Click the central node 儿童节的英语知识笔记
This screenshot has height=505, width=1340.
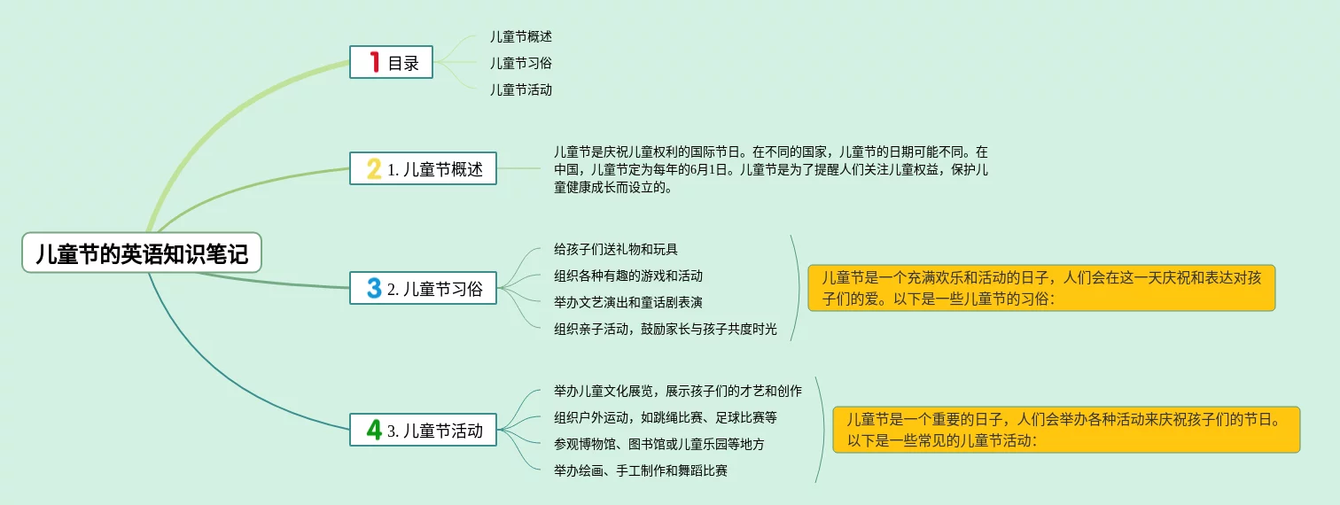click(142, 252)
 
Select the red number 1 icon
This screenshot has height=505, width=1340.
click(375, 62)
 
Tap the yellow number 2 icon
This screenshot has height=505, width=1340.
click(374, 168)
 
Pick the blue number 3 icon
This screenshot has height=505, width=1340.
click(375, 288)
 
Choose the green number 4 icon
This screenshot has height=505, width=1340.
click(375, 430)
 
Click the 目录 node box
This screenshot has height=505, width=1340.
click(391, 62)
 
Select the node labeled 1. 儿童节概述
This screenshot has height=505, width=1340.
click(423, 168)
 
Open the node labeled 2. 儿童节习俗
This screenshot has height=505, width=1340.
click(423, 288)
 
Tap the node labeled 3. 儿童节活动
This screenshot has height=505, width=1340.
click(423, 430)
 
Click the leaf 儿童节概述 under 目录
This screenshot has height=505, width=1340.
click(520, 36)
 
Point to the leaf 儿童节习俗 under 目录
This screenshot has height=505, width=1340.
click(520, 63)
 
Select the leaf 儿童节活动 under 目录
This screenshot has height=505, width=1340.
click(520, 89)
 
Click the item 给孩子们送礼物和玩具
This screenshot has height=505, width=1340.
click(616, 249)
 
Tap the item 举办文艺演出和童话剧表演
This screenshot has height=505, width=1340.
click(628, 302)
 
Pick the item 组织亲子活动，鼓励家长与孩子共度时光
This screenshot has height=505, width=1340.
click(666, 329)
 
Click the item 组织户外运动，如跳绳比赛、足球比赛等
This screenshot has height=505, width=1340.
click(666, 417)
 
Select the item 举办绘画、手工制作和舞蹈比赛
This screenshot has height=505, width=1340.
click(641, 470)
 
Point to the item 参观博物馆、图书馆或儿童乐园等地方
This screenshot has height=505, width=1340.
click(659, 444)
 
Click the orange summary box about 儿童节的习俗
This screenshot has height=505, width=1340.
click(1041, 288)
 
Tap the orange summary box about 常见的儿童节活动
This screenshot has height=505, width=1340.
click(1067, 430)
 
